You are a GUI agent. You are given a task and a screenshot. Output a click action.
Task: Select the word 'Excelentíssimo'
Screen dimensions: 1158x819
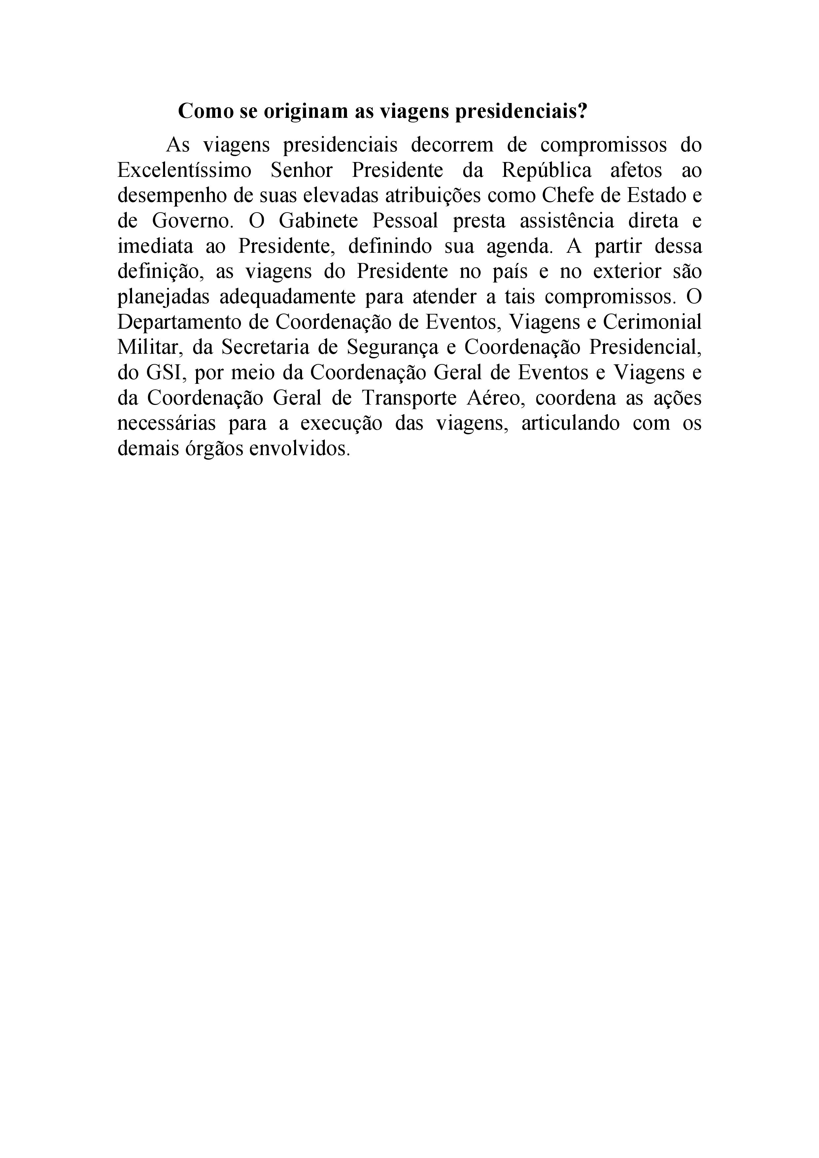click(x=184, y=171)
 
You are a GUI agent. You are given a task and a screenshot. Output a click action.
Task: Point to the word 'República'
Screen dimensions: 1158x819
click(x=547, y=171)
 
